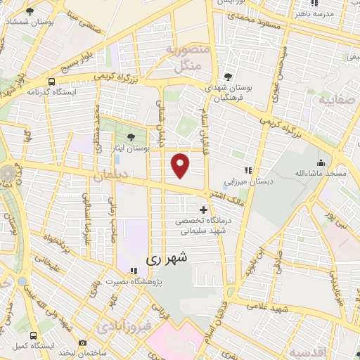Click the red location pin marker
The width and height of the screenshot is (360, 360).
pyautogui.click(x=181, y=165)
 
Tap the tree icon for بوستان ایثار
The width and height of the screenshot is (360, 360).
pyautogui.click(x=133, y=138)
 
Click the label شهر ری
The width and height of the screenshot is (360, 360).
pyautogui.click(x=167, y=259)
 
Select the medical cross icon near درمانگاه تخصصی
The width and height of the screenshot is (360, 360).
pyautogui.click(x=204, y=210)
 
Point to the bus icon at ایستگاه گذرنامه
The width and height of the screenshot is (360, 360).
pyautogui.click(x=52, y=81)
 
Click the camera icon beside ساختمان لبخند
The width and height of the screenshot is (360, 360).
pyautogui.click(x=83, y=342)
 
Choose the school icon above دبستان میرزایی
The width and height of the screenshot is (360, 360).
pyautogui.click(x=247, y=169)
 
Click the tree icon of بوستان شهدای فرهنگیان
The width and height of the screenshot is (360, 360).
pyautogui.click(x=227, y=77)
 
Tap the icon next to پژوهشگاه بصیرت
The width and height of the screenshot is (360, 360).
pyautogui.click(x=133, y=271)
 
